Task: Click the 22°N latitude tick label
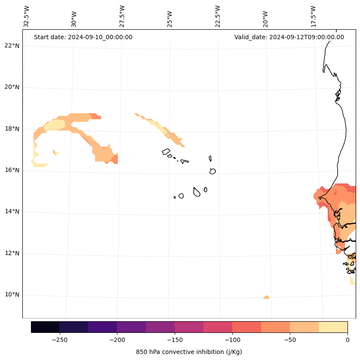point(12,46)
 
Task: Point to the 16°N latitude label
point(12,170)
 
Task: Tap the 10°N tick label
point(12,295)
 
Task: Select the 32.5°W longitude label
point(27,16)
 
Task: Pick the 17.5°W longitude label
point(313,16)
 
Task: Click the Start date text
point(83,37)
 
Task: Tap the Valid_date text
point(289,37)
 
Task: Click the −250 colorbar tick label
point(59,339)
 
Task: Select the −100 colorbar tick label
point(232,339)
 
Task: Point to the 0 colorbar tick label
point(348,339)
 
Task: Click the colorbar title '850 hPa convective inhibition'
point(189,352)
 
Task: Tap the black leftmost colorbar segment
point(45,327)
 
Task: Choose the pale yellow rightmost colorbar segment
point(333,327)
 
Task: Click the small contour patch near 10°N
point(266,297)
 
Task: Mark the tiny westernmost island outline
point(175,197)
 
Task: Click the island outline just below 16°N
point(212,171)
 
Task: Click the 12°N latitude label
point(12,253)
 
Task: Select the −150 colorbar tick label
point(175,339)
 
